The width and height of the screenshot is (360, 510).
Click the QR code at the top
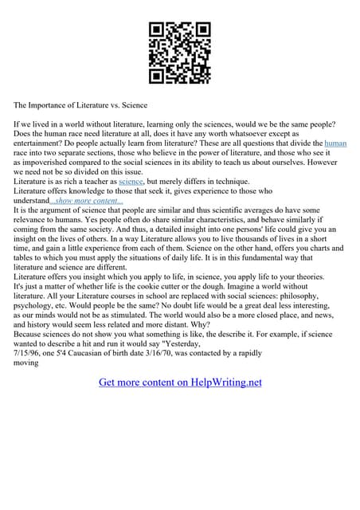pos(180,53)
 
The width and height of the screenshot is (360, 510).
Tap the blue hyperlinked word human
pos(335,143)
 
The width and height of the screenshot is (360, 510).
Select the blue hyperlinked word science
pos(131,181)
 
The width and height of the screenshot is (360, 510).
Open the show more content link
pos(88,200)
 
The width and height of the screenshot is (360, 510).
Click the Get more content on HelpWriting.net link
pos(180,382)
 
